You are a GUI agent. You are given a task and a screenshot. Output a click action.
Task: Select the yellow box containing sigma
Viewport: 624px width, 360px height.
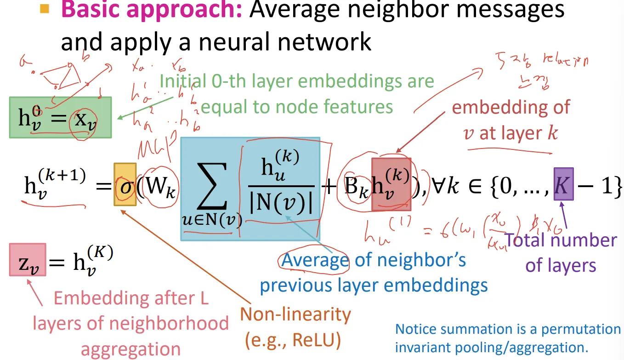coord(125,184)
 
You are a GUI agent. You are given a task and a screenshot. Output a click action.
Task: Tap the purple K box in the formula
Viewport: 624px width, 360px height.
coord(563,184)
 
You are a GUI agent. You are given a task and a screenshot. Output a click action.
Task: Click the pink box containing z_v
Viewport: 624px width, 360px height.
coord(28,260)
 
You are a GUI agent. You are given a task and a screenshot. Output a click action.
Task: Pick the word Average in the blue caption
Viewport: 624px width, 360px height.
coord(315,260)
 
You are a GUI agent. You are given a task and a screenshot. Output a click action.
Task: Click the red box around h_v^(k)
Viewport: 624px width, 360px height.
coord(391,184)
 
